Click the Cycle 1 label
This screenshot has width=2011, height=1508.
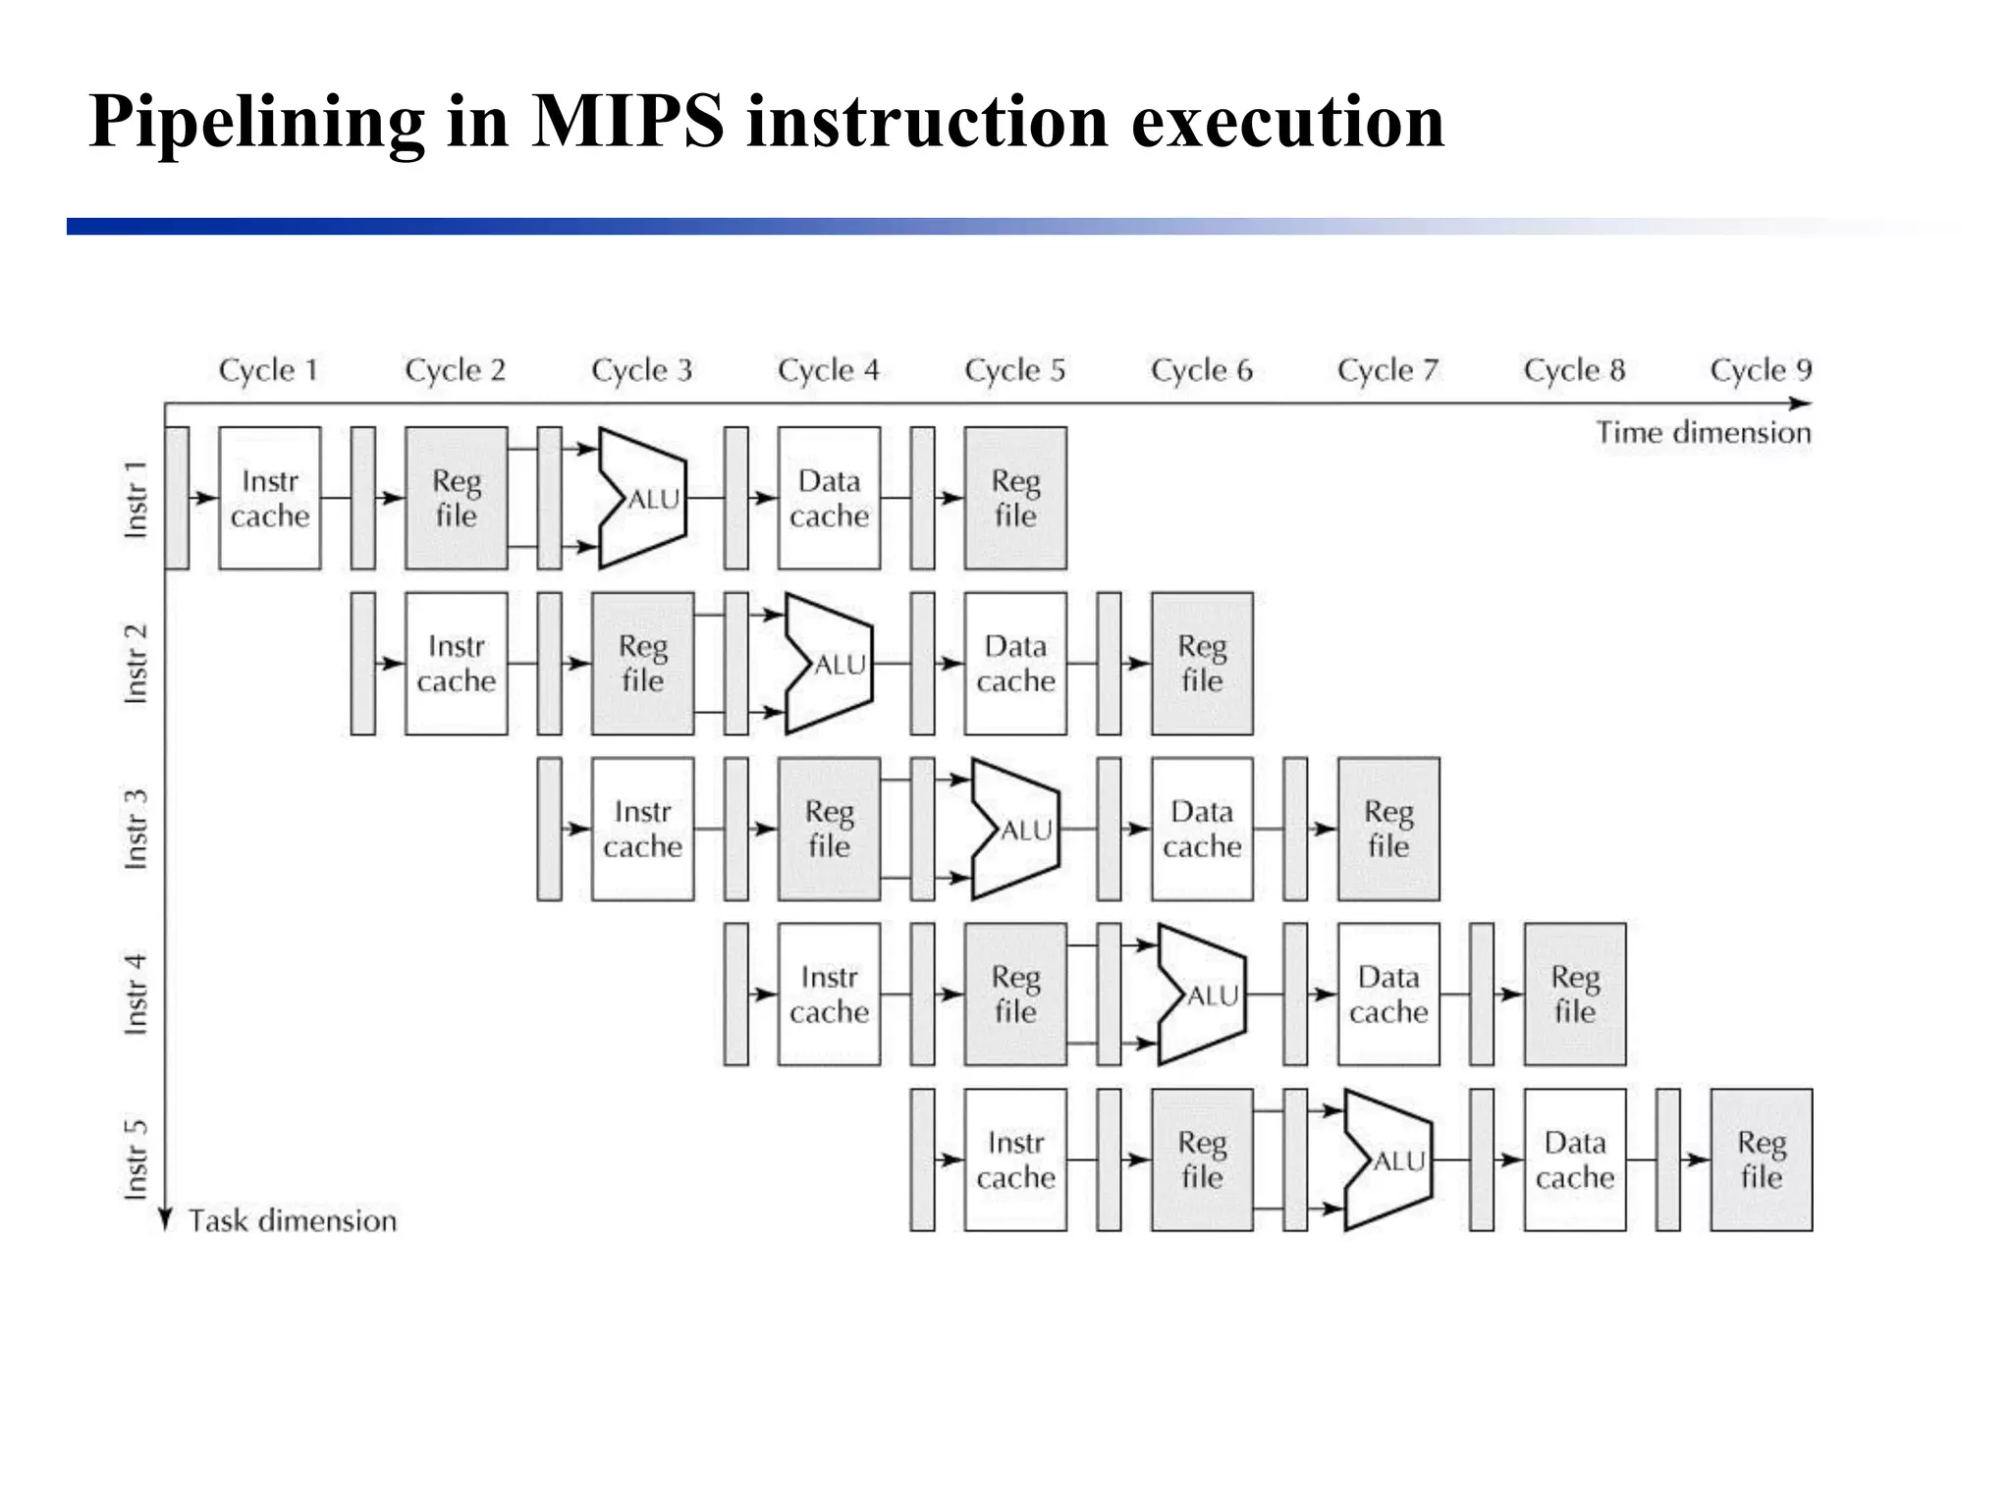point(268,370)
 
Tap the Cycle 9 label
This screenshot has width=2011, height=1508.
point(1761,370)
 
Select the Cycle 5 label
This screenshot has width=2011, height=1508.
point(1014,370)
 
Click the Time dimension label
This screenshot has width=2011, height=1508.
point(1703,433)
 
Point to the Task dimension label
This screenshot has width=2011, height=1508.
point(292,1220)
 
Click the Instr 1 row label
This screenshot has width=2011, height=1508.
point(136,499)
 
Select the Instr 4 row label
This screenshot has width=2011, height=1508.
point(136,994)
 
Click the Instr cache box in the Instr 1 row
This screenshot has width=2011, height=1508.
point(270,498)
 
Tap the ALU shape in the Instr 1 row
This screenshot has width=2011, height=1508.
point(642,498)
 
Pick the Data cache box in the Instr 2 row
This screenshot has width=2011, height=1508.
point(1015,664)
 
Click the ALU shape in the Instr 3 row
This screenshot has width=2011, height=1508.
point(1015,830)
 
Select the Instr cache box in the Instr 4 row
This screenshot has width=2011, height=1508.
point(829,994)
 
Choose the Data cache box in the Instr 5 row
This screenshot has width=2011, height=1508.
point(1575,1159)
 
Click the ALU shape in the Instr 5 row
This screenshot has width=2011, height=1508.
point(1387,1159)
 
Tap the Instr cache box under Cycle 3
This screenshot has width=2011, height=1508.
point(642,830)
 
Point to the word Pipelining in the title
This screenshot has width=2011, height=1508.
point(257,122)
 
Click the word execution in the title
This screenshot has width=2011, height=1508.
point(1287,122)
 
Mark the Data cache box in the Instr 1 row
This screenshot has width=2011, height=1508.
point(829,498)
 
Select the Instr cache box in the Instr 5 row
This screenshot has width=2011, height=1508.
point(1015,1159)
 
